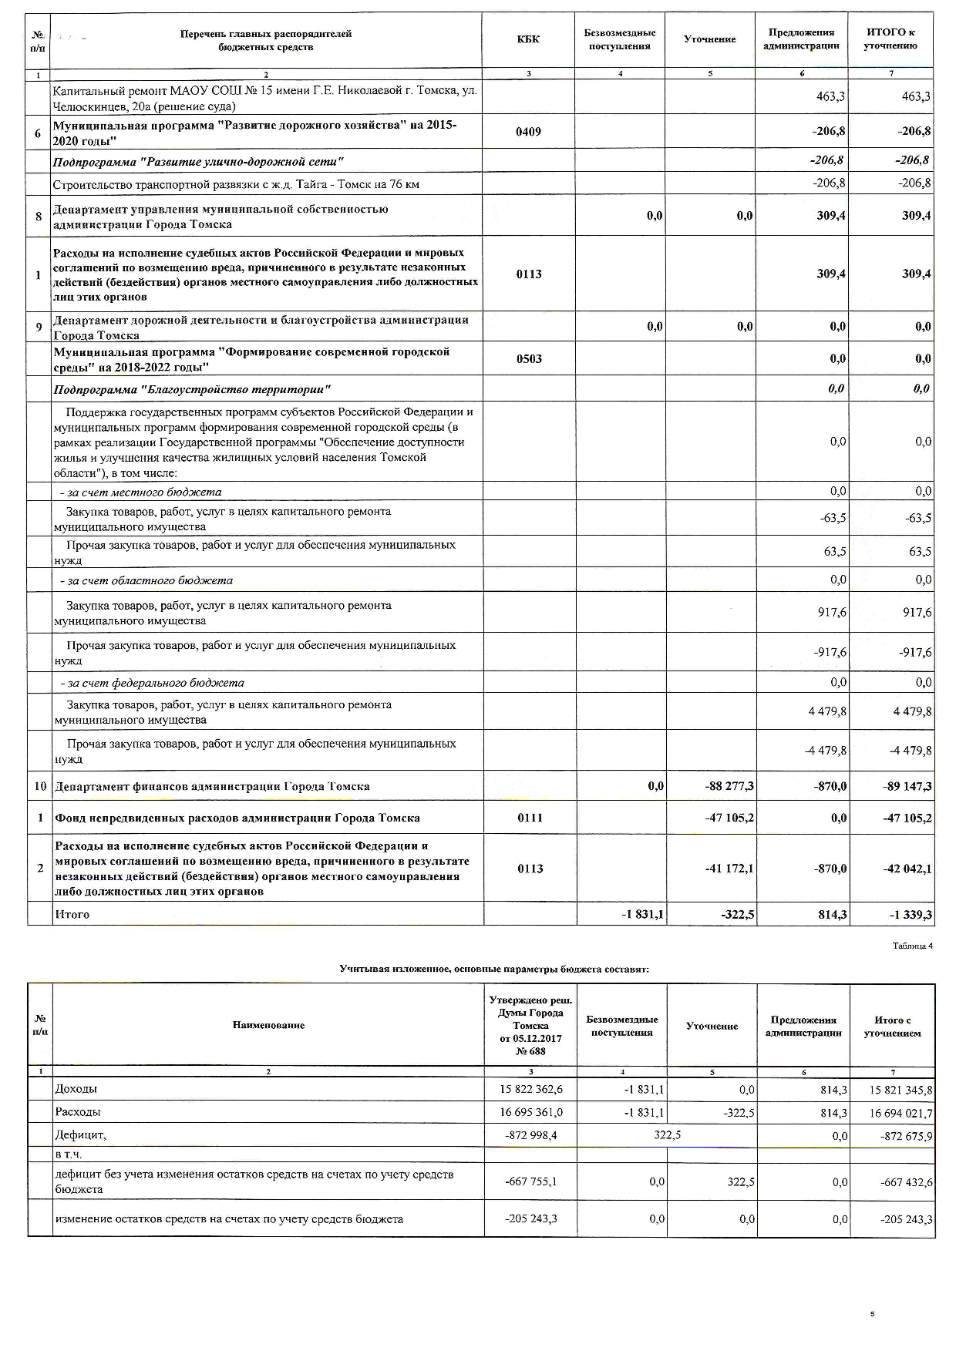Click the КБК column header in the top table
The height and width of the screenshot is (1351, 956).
click(x=529, y=39)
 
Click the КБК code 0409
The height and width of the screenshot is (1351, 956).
click(x=529, y=132)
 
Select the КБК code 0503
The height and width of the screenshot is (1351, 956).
click(x=529, y=359)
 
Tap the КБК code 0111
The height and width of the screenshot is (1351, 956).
click(x=530, y=818)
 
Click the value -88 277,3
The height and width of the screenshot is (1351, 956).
click(x=729, y=786)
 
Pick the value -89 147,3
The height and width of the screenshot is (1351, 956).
click(x=907, y=786)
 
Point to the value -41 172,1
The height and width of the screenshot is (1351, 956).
click(x=729, y=869)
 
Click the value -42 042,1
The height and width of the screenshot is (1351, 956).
click(x=907, y=869)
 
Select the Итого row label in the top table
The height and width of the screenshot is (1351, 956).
click(x=71, y=914)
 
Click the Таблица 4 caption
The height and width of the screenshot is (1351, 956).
click(x=913, y=946)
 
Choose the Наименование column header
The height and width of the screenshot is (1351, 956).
click(x=268, y=1025)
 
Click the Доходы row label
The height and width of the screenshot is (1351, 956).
click(x=76, y=1089)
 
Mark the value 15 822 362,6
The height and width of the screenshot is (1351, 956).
click(x=531, y=1090)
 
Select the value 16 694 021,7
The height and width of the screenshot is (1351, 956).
click(x=900, y=1113)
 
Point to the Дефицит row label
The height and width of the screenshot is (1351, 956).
click(x=80, y=1134)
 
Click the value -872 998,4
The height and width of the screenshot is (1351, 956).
click(x=531, y=1135)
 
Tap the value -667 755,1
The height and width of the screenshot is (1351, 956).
click(x=531, y=1182)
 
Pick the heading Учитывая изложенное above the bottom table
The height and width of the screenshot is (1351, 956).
click(x=494, y=969)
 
